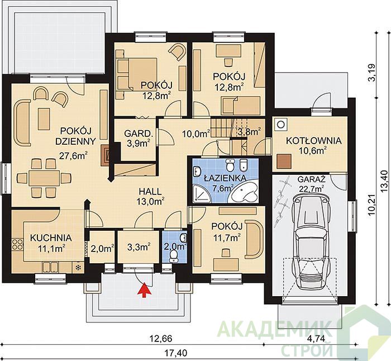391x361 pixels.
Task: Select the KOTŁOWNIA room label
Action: coord(313,141)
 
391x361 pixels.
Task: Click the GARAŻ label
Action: coord(312,179)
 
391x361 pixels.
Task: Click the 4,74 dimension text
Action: coord(316,338)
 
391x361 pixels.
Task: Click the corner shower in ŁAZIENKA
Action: coord(202,194)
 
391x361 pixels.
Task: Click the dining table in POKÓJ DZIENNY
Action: coord(44,178)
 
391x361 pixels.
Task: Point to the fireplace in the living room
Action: coord(105,156)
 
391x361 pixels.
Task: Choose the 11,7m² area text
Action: coord(227,237)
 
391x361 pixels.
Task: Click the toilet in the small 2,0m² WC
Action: coord(173,256)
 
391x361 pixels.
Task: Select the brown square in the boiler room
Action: coord(284,161)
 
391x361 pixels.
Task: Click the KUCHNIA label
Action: coord(51,238)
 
